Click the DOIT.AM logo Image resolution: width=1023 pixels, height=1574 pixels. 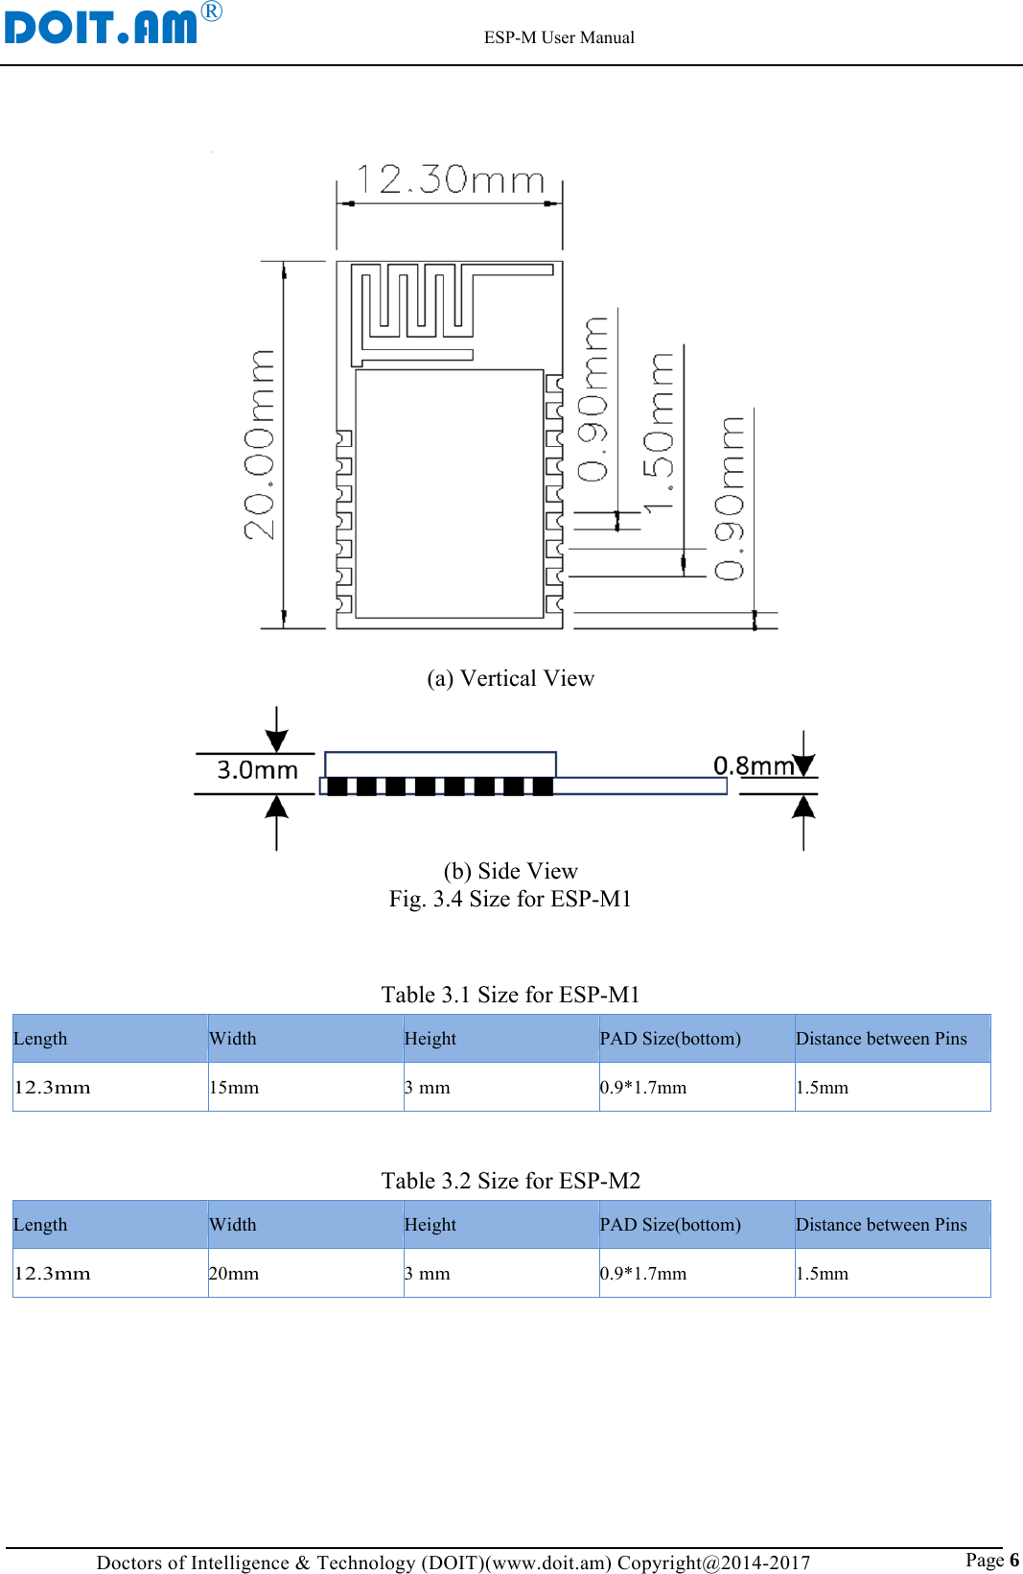pyautogui.click(x=101, y=26)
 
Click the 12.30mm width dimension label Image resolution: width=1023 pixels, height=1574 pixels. pyautogui.click(x=450, y=179)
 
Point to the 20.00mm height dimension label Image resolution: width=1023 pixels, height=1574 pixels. pyautogui.click(x=260, y=444)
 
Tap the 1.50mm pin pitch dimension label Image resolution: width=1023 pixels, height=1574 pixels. pyautogui.click(x=660, y=431)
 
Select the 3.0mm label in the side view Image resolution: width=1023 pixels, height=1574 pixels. pyautogui.click(x=257, y=770)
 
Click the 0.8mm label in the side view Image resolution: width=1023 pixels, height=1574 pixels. pyautogui.click(x=754, y=765)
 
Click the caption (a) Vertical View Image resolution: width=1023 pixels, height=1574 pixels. pyautogui.click(x=510, y=678)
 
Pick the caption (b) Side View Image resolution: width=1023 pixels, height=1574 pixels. pyautogui.click(x=510, y=871)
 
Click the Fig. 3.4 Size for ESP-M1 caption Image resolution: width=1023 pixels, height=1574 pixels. pyautogui.click(x=510, y=899)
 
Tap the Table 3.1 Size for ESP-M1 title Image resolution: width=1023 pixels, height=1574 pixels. pyautogui.click(x=510, y=995)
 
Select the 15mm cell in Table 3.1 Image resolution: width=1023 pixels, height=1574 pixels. pyautogui.click(x=235, y=1088)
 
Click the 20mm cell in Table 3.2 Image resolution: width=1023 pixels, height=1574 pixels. pyautogui.click(x=235, y=1274)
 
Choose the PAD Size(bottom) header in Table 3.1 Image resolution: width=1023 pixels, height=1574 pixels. pyautogui.click(x=670, y=1039)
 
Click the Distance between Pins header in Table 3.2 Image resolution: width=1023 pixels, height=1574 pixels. pyautogui.click(x=881, y=1225)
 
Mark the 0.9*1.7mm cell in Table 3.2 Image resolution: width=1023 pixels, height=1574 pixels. pyautogui.click(x=643, y=1274)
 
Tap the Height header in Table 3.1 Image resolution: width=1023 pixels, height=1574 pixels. pyautogui.click(x=430, y=1039)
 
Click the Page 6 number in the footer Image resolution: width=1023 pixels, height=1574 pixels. pyautogui.click(x=991, y=1560)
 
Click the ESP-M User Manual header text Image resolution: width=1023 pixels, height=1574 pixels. pyautogui.click(x=559, y=37)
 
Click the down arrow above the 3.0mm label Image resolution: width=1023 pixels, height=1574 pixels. pyautogui.click(x=276, y=733)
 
